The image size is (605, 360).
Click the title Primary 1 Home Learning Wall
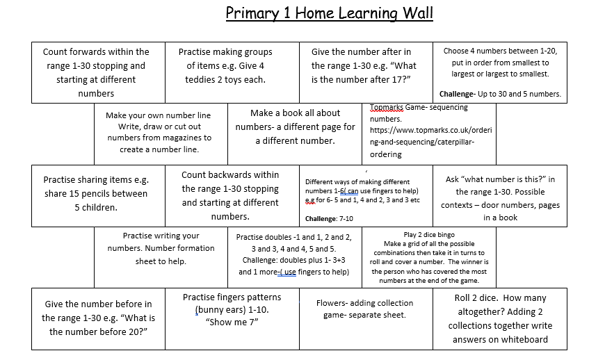pyautogui.click(x=329, y=14)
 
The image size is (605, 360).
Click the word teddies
pyautogui.click(x=202, y=79)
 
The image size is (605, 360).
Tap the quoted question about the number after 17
pyautogui.click(x=364, y=73)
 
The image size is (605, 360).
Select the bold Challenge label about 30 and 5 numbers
pyautogui.click(x=456, y=94)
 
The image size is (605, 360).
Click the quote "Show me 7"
pyautogui.click(x=232, y=322)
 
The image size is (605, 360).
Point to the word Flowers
pyautogui.click(x=331, y=303)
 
